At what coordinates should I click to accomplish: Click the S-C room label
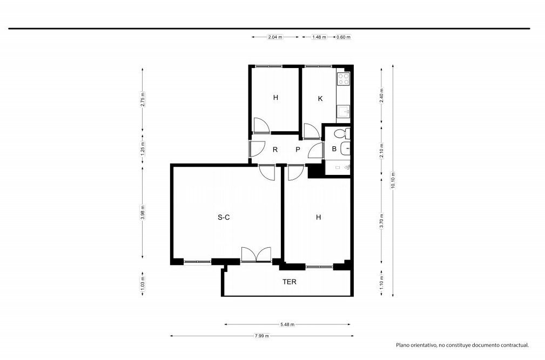pos(224,218)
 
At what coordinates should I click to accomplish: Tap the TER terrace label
pos(289,282)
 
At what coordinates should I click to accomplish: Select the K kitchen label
pos(320,99)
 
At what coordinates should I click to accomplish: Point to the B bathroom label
pos(334,149)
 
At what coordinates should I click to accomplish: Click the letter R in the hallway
pos(275,150)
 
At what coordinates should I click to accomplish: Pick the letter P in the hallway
pos(298,150)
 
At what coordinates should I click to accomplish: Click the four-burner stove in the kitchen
pos(344,79)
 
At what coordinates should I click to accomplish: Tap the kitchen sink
pos(344,112)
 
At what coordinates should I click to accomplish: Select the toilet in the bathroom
pos(342,133)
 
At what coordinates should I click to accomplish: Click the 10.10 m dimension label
pos(393,180)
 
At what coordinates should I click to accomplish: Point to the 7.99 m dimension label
pos(262,336)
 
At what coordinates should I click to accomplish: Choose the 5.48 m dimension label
pos(287,324)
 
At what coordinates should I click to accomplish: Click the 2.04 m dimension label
pos(275,37)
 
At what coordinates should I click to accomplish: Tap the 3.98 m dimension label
pos(143,213)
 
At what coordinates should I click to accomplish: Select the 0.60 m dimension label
pos(344,37)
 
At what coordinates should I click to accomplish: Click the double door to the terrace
pos(256,254)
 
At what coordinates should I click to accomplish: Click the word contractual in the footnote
pos(514,345)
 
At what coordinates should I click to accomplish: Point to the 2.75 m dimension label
pos(143,99)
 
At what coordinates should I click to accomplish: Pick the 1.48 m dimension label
pos(319,37)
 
